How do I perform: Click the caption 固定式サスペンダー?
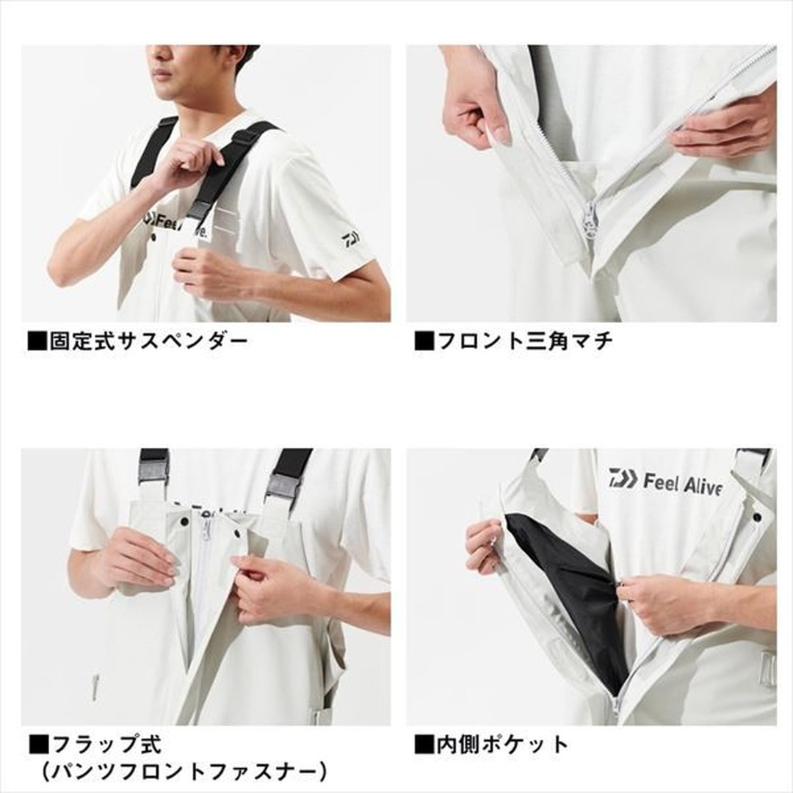coord(148,341)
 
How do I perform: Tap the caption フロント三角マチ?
coord(524,341)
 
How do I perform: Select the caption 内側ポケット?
coord(502,744)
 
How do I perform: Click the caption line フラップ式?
coord(106,744)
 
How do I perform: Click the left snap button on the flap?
coord(184,521)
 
